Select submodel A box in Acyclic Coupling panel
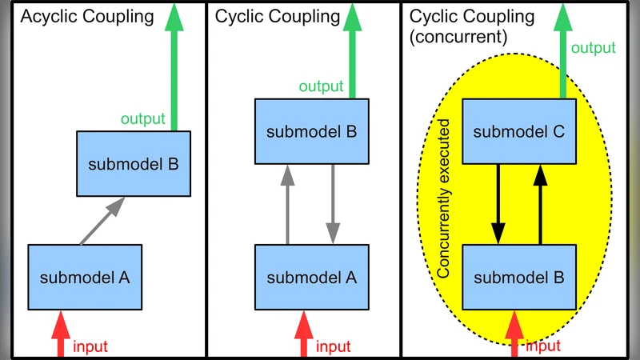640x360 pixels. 86,278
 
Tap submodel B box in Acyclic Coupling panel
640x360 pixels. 134,165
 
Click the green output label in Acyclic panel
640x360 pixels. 143,120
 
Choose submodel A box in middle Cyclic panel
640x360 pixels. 311,278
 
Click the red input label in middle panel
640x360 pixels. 333,346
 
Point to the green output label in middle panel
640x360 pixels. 321,86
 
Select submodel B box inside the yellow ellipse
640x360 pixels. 519,278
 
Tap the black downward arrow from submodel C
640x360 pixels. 498,205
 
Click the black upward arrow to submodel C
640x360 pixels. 541,205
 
